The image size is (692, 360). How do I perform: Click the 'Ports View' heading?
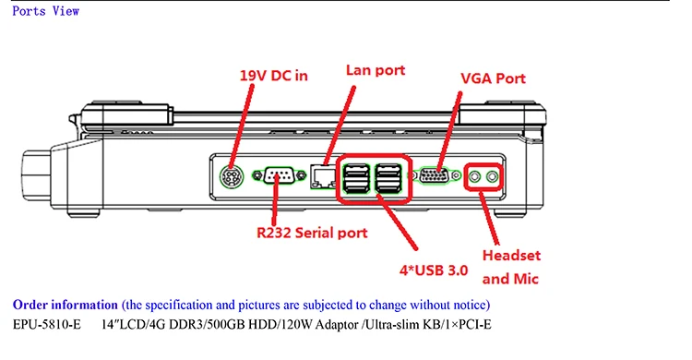point(45,11)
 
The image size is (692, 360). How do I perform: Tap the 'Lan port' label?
point(375,70)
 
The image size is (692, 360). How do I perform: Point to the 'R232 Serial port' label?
point(313,234)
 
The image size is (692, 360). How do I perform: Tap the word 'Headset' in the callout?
point(512,256)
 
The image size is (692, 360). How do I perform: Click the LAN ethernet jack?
point(323,174)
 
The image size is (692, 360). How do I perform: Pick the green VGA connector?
point(435,174)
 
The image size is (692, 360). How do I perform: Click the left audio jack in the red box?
point(475,174)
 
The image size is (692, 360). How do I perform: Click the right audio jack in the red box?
point(493,174)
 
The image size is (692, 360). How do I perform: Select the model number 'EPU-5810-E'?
point(47,324)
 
